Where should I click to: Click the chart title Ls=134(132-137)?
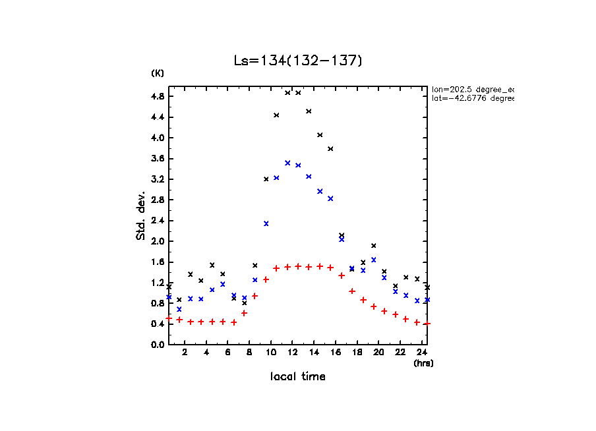click(298, 61)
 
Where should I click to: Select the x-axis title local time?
click(297, 377)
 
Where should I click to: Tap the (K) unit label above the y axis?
click(158, 73)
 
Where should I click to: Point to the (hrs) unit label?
click(423, 363)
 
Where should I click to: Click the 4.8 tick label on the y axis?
click(158, 96)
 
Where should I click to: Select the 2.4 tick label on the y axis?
click(158, 220)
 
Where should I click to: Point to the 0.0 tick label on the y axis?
click(158, 344)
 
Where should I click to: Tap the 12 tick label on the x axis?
click(292, 353)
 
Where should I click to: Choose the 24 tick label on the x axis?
click(421, 353)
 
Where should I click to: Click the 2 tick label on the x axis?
click(185, 353)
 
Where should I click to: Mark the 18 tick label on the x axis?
click(357, 353)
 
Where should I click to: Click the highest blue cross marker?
click(287, 163)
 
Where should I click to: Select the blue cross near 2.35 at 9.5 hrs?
click(266, 223)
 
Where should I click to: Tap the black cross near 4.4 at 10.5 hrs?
click(276, 115)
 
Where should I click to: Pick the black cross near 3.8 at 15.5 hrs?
click(330, 149)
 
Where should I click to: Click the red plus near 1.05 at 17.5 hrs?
click(352, 291)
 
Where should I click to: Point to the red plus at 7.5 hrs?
click(244, 313)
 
